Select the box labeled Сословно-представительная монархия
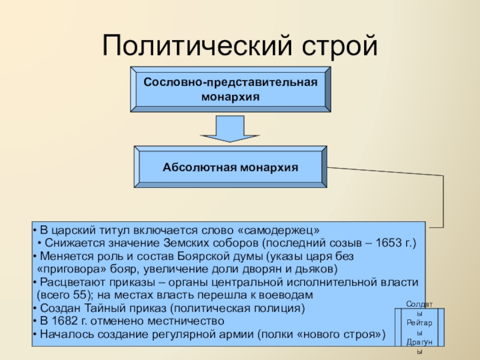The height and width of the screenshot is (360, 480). (x=230, y=88)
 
